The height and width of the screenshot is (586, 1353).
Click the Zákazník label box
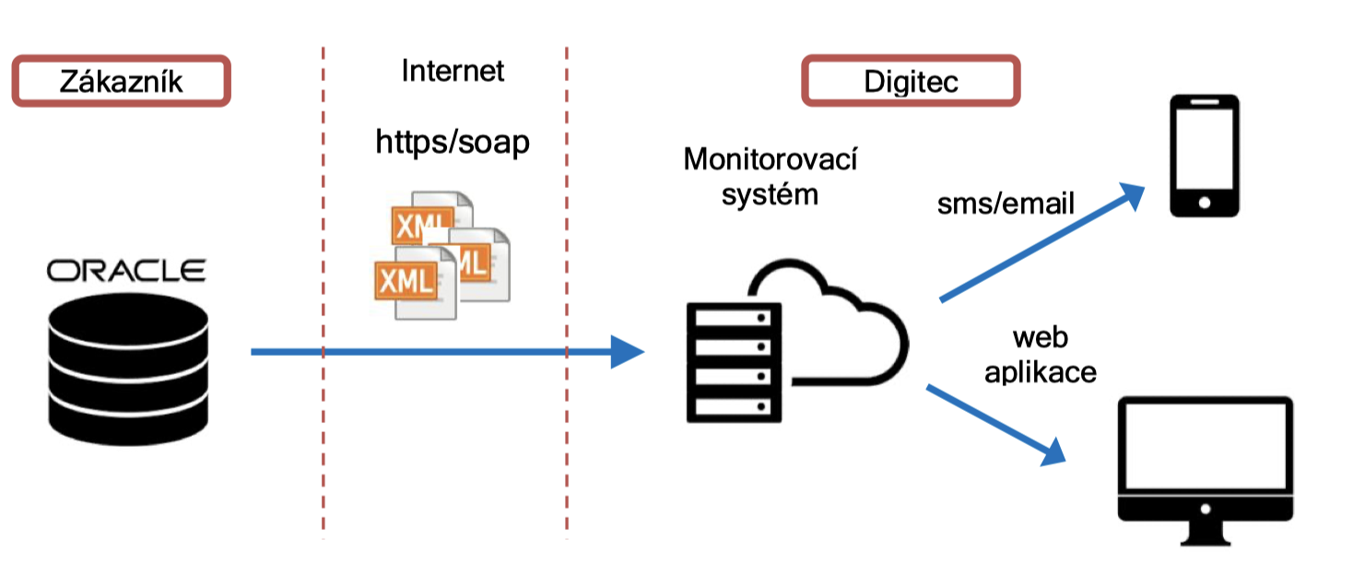[x=121, y=81]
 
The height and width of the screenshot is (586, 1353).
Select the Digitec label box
[x=911, y=81]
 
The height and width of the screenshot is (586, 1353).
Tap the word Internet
[x=453, y=71]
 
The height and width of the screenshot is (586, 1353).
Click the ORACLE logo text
[x=127, y=271]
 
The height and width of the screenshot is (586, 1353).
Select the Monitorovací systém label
[x=770, y=176]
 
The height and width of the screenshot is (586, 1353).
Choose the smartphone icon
[x=1204, y=156]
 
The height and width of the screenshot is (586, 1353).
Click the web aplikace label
[x=1041, y=355]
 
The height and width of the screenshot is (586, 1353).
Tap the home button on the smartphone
[x=1204, y=202]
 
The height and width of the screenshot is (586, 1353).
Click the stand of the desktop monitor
[x=1204, y=533]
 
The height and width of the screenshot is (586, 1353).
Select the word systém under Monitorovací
[x=770, y=195]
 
